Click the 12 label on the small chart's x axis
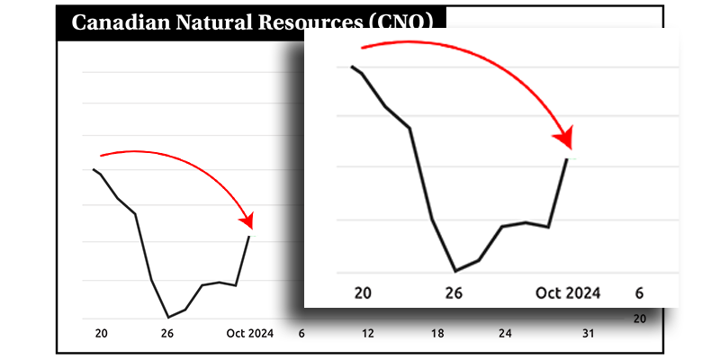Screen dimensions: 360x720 368,334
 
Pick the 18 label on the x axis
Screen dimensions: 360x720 437,334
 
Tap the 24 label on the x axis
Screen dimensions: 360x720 505,334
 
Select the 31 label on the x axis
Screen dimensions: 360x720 588,334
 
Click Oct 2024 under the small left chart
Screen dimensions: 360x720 249,334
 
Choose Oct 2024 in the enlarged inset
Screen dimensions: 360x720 568,292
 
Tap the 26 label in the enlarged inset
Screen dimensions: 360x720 454,292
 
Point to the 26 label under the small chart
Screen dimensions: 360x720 167,334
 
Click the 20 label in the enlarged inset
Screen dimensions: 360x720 363,292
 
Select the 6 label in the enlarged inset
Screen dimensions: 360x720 639,292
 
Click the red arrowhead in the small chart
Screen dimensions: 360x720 247,220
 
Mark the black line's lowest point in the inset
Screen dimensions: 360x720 455,270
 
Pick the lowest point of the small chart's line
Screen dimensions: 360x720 168,317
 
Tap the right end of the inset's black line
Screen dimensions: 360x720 567,158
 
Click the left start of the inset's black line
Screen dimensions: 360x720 351,67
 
